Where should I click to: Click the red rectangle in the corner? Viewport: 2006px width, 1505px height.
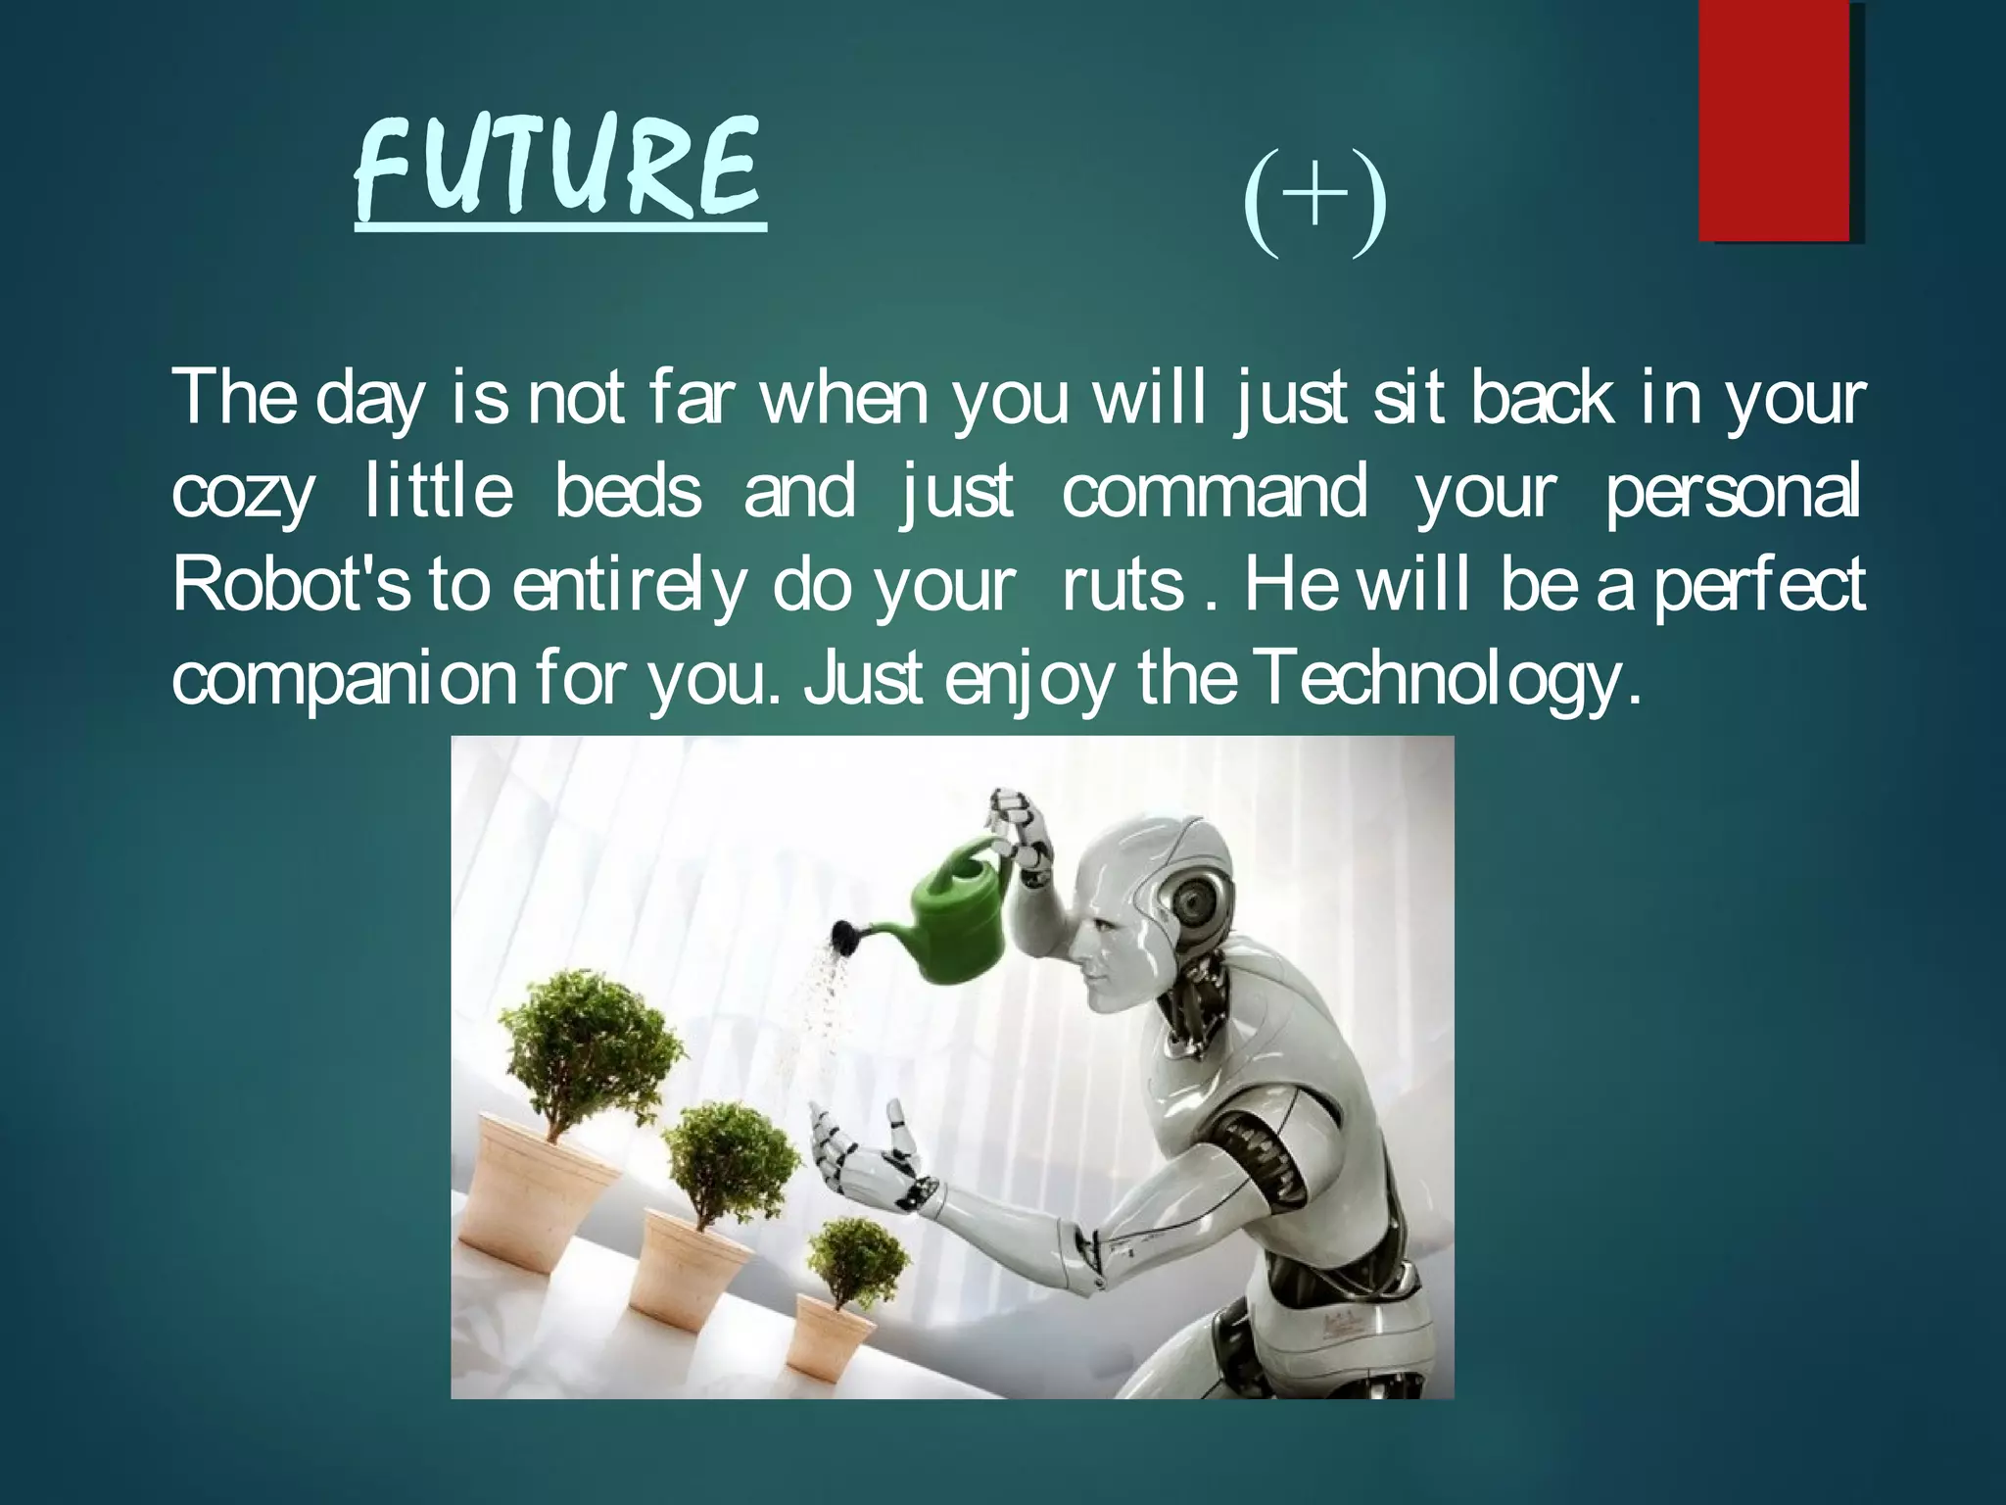click(x=1774, y=120)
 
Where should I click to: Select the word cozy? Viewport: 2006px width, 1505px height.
click(x=242, y=493)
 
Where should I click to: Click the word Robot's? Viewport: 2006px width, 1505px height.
click(x=291, y=585)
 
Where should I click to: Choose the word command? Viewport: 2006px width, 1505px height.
click(x=1214, y=493)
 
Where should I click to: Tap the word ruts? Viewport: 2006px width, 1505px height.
click(x=1123, y=587)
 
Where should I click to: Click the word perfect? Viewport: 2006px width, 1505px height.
click(x=1759, y=585)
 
